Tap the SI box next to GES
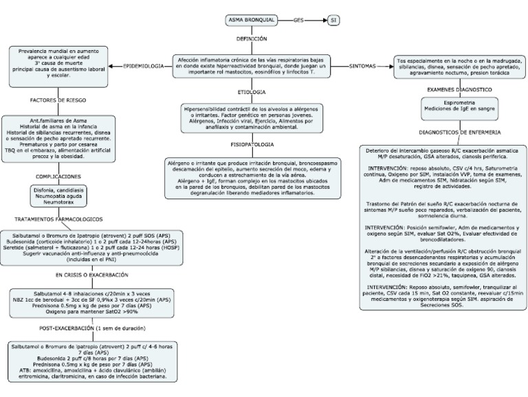point(334,20)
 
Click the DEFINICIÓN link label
point(252,39)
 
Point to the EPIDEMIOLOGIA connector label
point(143,66)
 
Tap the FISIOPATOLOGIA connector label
point(251,145)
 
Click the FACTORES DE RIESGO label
point(57,100)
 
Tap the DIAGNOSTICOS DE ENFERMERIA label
point(459,131)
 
